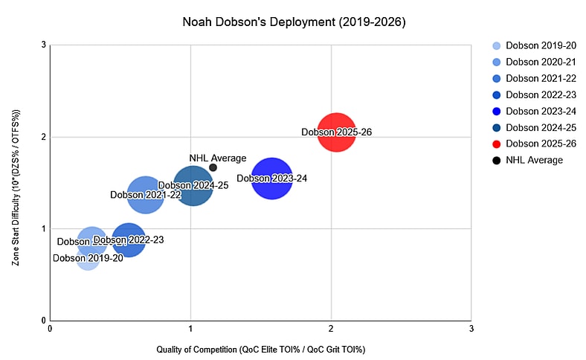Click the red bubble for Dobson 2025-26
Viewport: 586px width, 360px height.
(336, 132)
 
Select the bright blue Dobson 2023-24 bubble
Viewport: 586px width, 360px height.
(272, 179)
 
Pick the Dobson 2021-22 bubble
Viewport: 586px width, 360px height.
(146, 195)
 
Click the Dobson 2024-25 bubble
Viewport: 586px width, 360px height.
(193, 185)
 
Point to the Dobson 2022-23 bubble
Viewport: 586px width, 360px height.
(129, 240)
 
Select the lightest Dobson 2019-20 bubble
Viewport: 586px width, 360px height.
(88, 258)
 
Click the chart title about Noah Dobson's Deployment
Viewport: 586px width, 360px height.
(294, 22)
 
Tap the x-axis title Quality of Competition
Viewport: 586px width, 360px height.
(260, 349)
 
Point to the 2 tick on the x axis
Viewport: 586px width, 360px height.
(331, 328)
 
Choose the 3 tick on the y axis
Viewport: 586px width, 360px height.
(43, 45)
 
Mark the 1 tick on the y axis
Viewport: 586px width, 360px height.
(43, 228)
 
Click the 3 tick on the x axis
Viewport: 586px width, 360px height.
(471, 328)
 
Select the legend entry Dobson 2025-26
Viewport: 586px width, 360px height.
(532, 144)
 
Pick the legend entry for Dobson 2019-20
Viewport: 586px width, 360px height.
(532, 45)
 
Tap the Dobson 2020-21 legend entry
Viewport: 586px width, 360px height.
(532, 62)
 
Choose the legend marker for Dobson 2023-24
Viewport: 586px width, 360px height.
(496, 111)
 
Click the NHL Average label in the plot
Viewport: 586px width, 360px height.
(217, 158)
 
